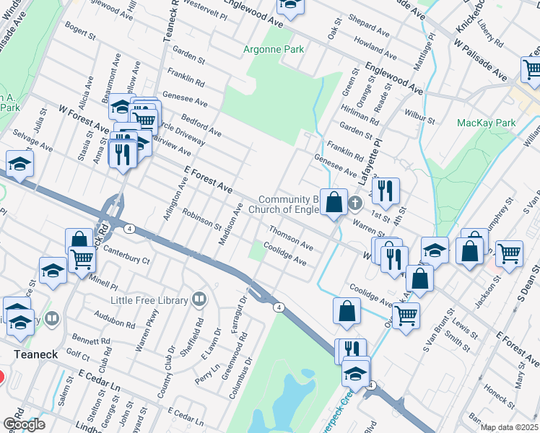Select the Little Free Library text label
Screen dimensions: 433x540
click(x=149, y=299)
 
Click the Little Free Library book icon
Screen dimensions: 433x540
click(x=199, y=299)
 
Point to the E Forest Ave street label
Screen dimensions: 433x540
click(x=206, y=178)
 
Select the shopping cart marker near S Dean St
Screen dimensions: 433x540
click(x=510, y=254)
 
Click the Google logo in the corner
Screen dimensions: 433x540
click(x=24, y=424)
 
